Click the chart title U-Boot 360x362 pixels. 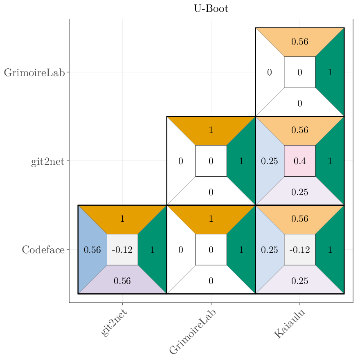click(211, 9)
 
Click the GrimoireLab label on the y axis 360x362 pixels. click(34, 73)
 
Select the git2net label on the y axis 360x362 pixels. click(47, 162)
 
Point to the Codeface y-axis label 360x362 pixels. click(43, 250)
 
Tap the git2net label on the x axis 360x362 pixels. click(114, 323)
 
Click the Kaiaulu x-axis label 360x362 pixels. click(290, 324)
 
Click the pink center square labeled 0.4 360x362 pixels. click(300, 161)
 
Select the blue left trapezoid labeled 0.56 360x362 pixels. click(92, 250)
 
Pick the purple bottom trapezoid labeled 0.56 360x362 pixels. click(122, 281)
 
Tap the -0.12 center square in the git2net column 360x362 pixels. click(122, 250)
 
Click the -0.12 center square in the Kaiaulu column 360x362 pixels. click(300, 250)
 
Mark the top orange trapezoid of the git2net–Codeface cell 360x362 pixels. click(122, 218)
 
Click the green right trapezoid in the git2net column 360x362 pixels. click(153, 250)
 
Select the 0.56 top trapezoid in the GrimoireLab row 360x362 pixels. click(300, 41)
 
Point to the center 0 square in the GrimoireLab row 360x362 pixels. click(300, 72)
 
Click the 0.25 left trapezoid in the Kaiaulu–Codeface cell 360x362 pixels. click(269, 250)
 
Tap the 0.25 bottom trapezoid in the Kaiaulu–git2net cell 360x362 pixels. click(300, 192)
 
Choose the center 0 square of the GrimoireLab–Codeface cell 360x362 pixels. click(211, 250)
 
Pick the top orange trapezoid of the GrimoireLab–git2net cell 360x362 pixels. click(211, 130)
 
